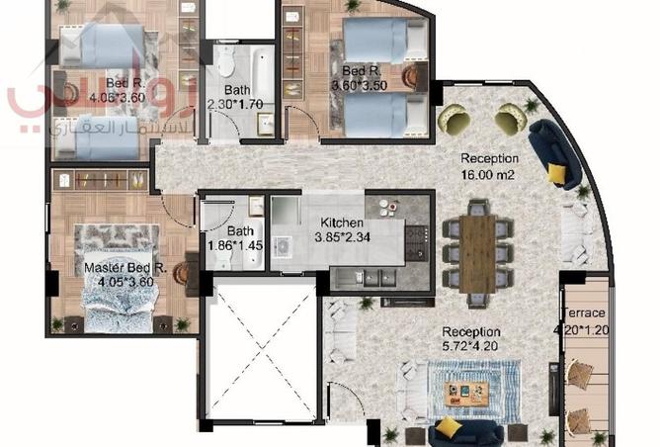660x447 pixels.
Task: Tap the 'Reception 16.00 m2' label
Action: (489, 166)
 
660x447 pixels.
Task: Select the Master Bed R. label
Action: (124, 274)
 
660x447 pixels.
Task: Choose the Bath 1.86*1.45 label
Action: (228, 238)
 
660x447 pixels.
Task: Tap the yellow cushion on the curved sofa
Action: (558, 174)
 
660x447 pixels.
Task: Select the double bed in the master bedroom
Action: (119, 282)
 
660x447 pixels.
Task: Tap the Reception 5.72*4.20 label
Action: (471, 340)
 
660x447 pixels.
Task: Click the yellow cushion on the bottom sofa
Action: (450, 427)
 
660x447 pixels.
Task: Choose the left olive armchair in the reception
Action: (455, 120)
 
